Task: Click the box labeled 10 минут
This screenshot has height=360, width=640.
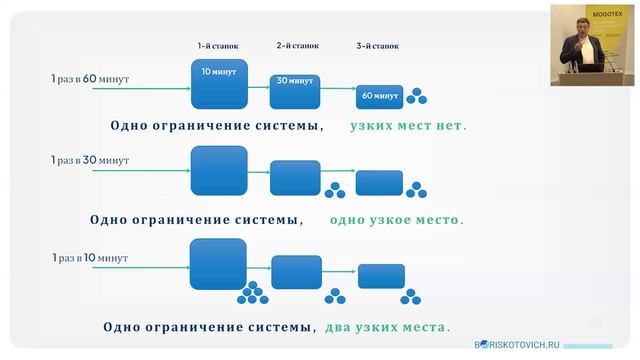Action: (219, 83)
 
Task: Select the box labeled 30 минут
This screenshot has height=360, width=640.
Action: (294, 90)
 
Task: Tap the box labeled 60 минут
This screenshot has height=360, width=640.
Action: (379, 96)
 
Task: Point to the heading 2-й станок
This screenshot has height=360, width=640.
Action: (297, 46)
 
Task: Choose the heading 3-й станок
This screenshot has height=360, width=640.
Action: (378, 46)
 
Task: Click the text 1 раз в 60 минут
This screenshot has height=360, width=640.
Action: (90, 78)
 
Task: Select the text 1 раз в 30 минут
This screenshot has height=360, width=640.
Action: (90, 160)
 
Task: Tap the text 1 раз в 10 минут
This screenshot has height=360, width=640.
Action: (90, 257)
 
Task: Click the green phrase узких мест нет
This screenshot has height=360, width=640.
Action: (408, 127)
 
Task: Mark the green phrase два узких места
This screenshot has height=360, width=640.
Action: (386, 326)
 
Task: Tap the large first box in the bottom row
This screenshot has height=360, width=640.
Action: (218, 264)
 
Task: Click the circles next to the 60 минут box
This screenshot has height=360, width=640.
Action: (415, 96)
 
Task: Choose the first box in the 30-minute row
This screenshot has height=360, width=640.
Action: (218, 170)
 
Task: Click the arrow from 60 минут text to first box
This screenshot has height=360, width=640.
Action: (160, 89)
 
